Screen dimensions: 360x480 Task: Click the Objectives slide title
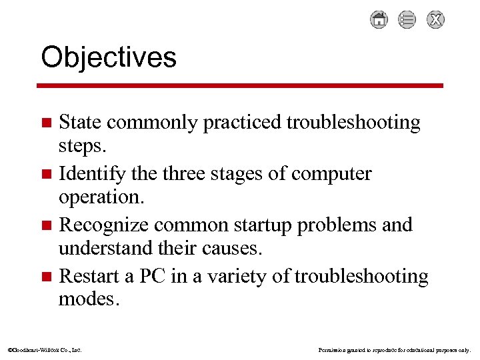coord(109,57)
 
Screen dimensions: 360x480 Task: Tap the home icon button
coord(379,20)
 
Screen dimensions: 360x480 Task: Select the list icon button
coord(407,20)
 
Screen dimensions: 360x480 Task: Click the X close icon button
coord(435,20)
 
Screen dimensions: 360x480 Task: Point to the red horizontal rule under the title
coord(240,85)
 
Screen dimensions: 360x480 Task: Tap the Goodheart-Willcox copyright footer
coord(44,349)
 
